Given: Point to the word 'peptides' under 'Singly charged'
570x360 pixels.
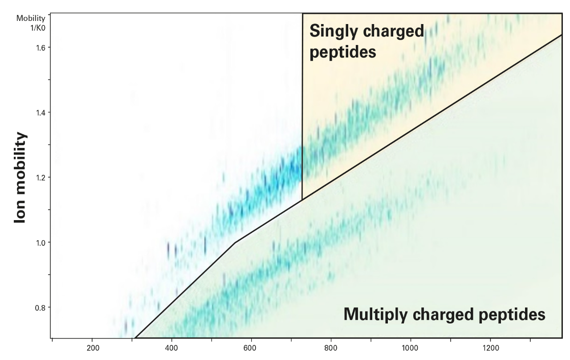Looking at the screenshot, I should [x=343, y=52].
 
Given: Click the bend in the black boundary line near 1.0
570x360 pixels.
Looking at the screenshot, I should [x=235, y=242].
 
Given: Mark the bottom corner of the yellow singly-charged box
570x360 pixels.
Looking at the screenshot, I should [x=302, y=200].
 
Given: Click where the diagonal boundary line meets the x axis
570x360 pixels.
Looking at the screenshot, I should [x=135, y=338].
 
